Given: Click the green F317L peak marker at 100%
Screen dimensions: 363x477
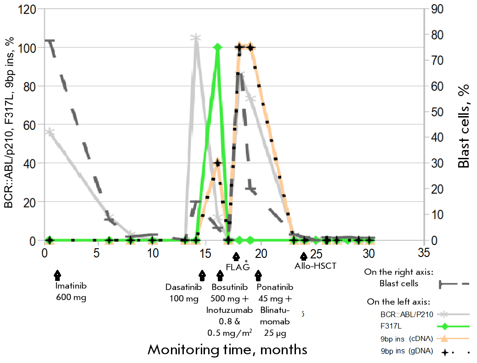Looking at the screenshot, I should click(218, 47).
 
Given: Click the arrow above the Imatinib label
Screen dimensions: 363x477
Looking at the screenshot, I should click(57, 274).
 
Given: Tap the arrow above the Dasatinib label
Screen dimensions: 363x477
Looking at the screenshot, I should click(202, 275).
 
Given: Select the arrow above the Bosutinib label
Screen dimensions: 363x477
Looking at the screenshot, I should click(220, 275).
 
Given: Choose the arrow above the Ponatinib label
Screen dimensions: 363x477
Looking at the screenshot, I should click(259, 275).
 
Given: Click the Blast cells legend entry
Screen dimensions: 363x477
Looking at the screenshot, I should click(399, 284).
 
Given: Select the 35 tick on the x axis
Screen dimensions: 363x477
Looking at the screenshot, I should click(424, 253).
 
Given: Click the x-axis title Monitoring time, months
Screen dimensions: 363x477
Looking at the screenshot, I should click(227, 350).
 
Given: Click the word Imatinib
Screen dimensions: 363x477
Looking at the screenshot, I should click(71, 286).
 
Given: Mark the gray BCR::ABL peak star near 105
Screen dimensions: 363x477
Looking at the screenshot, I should click(196, 38).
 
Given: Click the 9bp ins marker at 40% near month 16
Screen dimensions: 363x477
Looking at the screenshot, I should click(218, 163).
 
